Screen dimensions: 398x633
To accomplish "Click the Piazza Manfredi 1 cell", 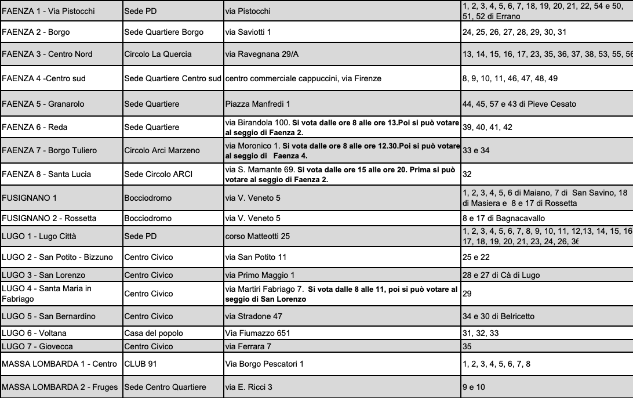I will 257,104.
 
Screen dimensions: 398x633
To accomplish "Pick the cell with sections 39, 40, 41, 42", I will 488,127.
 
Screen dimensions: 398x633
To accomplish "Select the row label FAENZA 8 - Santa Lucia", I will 47,174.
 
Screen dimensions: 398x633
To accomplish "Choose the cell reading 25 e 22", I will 476,256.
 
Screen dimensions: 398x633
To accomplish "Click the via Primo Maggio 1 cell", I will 260,274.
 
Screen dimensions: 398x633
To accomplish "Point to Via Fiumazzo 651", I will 257,334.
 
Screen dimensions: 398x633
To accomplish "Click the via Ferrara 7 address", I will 250,346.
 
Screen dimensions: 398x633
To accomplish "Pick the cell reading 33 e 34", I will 476,151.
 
